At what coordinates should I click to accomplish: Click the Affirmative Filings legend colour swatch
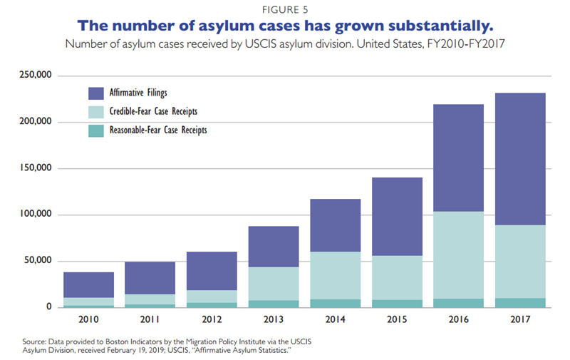pos(96,93)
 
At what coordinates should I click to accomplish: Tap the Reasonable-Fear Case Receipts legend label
pos(158,130)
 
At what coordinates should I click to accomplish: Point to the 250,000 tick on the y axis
pos(35,76)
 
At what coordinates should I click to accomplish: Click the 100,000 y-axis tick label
pos(35,215)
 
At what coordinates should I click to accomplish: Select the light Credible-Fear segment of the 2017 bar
pos(521,262)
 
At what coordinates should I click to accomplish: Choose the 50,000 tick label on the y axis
pos(37,261)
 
